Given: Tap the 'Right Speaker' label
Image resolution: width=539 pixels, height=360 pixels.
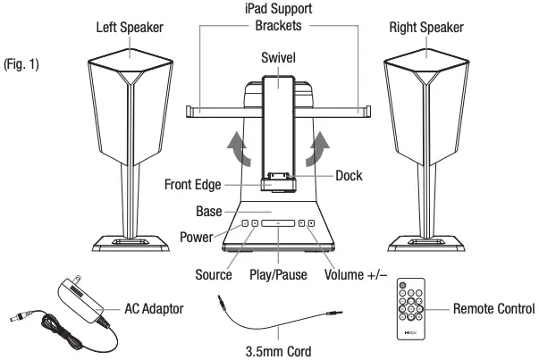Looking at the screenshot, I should click(x=425, y=27).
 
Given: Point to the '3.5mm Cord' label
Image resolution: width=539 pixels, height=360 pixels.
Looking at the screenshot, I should click(x=278, y=350).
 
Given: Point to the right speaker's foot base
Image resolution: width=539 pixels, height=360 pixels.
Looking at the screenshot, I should click(x=425, y=240).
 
